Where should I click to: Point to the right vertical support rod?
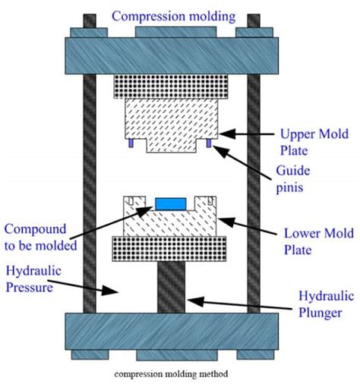[254, 190]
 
